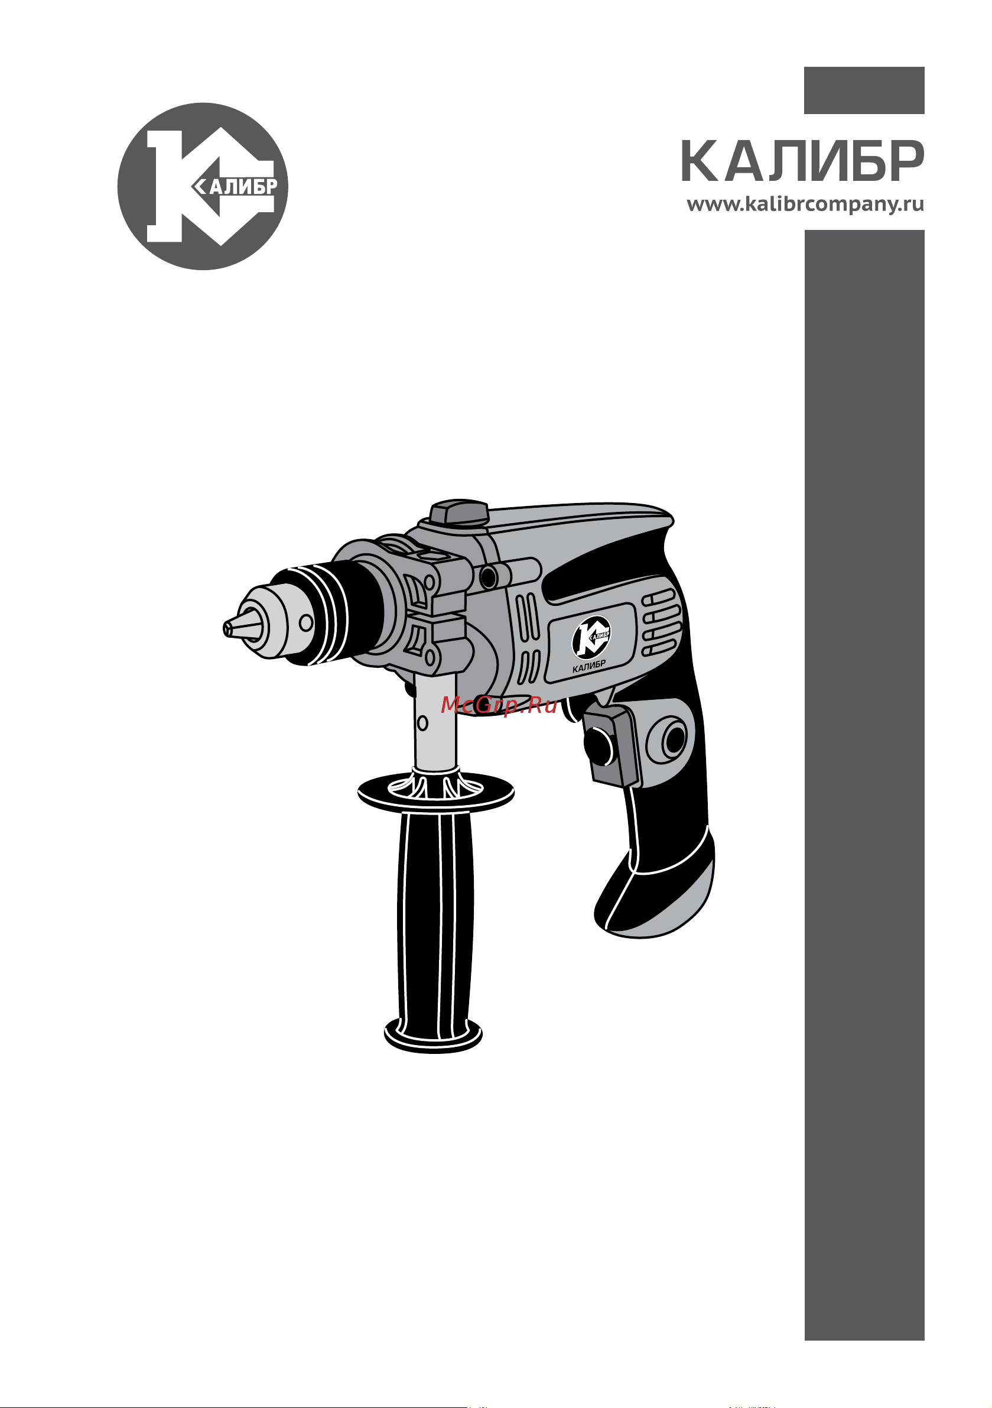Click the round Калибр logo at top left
click(203, 186)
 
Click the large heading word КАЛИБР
click(802, 162)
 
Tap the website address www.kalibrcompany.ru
click(805, 204)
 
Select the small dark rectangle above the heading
click(864, 90)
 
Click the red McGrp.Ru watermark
click(499, 706)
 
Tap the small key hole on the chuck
click(305, 623)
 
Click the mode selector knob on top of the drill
click(458, 512)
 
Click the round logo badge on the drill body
click(591, 637)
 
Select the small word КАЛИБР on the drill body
click(588, 666)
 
